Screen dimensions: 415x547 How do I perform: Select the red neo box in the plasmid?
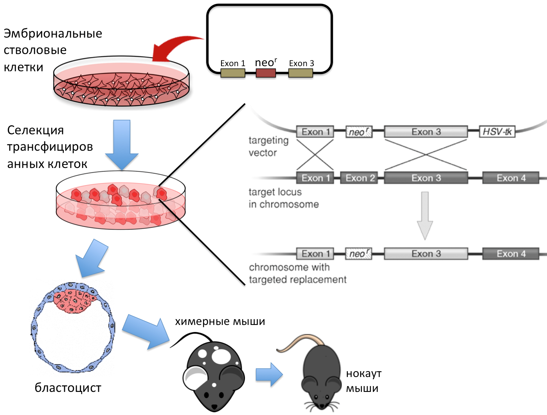click(x=266, y=73)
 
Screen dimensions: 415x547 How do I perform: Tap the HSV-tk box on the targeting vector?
click(x=497, y=132)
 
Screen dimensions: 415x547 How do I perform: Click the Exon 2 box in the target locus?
click(x=360, y=178)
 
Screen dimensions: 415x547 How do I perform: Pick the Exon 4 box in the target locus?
click(x=511, y=178)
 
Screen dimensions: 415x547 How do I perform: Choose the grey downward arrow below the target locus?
click(x=425, y=215)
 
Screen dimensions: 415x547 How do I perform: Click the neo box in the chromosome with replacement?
click(x=358, y=254)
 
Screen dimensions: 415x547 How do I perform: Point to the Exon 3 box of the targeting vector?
click(x=426, y=132)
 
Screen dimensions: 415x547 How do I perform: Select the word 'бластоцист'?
click(x=68, y=388)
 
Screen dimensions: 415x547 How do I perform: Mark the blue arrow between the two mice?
click(x=269, y=375)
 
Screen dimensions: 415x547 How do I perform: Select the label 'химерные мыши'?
click(x=220, y=321)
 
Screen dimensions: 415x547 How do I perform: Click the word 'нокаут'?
click(x=363, y=373)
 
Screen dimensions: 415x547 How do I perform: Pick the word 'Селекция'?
click(x=35, y=130)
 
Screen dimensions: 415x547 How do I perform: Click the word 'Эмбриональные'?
click(x=53, y=34)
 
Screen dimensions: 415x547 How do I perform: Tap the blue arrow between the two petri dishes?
click(x=122, y=145)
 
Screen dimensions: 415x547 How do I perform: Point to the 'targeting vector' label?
click(x=268, y=146)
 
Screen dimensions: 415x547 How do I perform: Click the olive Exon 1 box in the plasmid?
click(x=233, y=73)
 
